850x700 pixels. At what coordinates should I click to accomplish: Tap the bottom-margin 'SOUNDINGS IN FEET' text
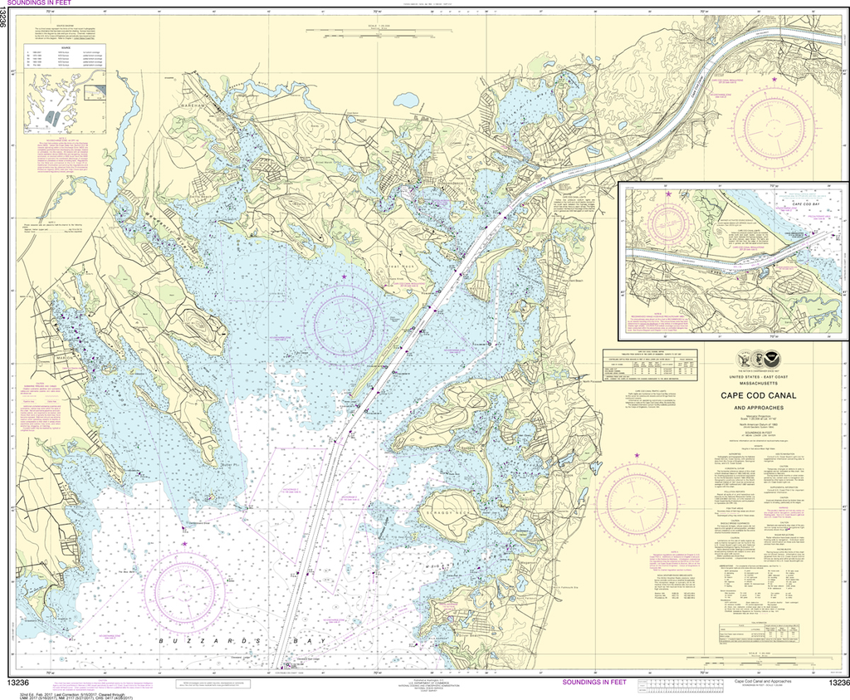594,683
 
